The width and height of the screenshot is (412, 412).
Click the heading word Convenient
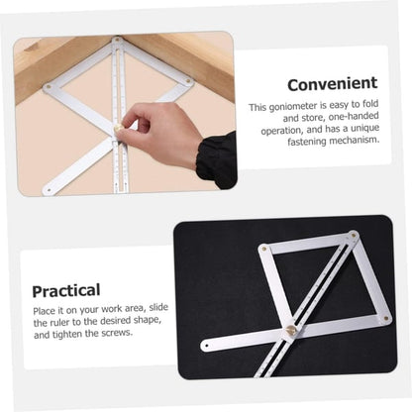point(332,84)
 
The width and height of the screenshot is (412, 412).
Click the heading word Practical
point(65,290)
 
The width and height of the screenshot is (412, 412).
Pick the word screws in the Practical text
point(118,333)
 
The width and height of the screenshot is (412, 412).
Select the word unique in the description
point(360,130)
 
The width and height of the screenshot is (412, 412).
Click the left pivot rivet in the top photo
point(48,87)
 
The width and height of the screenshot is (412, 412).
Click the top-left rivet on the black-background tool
point(263,249)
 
